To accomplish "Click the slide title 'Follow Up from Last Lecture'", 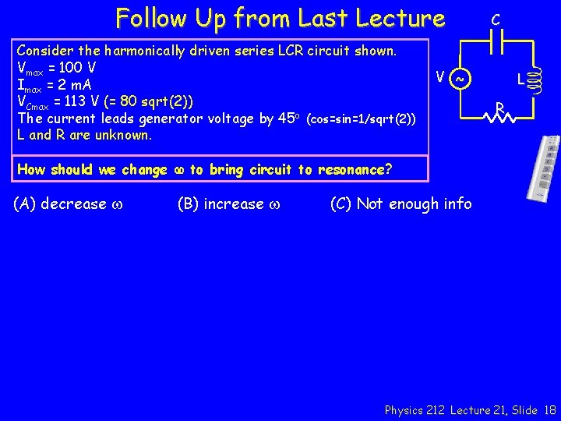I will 280,17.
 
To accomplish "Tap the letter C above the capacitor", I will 496,17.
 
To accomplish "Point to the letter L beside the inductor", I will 520,80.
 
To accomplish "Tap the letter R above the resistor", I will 500,106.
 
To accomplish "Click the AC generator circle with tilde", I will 460,79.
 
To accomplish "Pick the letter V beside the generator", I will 441,77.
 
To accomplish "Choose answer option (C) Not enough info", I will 400,204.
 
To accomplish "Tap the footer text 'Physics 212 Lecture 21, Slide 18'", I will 471,409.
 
